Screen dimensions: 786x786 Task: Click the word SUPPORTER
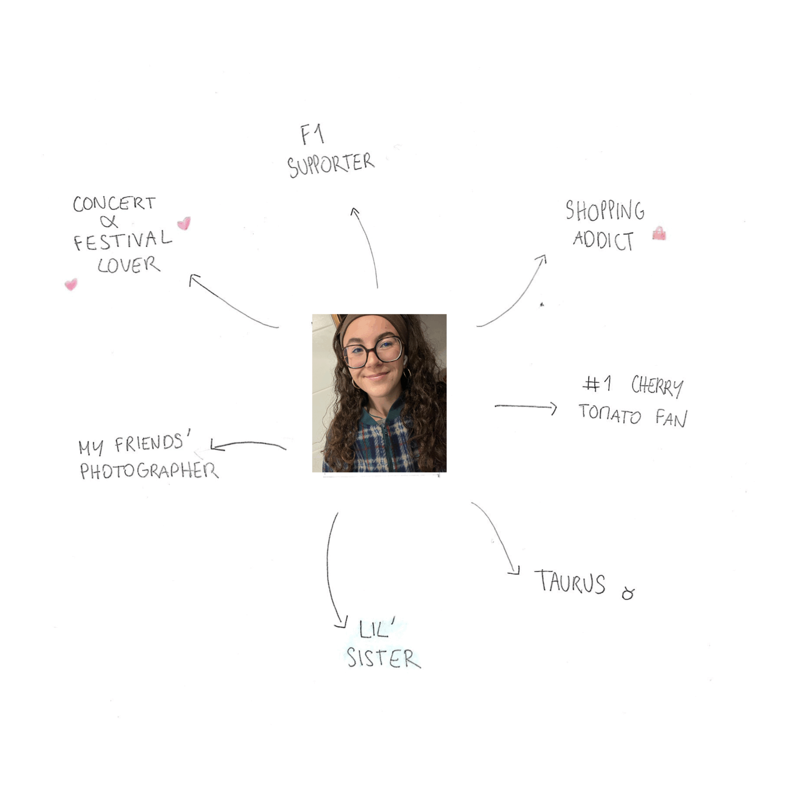tap(331, 165)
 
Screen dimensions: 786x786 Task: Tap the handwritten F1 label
tap(312, 135)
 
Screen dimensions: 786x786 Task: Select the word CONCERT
tap(114, 203)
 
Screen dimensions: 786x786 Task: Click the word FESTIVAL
tap(122, 240)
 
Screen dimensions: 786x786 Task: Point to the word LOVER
tap(129, 265)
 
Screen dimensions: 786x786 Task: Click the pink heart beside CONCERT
tap(184, 223)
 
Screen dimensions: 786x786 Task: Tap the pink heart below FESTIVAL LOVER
tap(71, 284)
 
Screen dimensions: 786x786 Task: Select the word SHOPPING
tap(605, 210)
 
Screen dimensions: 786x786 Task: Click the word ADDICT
tap(603, 240)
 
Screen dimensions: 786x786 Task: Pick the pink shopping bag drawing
tap(659, 233)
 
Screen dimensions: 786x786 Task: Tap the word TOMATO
tap(610, 414)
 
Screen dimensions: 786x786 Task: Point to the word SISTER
tap(384, 658)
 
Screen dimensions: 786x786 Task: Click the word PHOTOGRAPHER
tap(149, 471)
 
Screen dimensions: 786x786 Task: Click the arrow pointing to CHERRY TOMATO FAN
tap(526, 407)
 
